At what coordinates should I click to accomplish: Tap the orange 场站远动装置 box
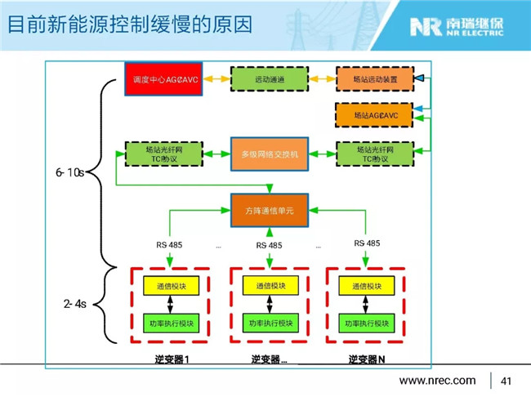point(370,79)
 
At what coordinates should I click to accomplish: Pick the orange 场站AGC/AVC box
point(370,116)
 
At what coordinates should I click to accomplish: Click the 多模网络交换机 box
point(270,154)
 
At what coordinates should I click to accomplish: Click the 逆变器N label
point(365,360)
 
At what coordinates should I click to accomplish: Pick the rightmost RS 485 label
point(367,243)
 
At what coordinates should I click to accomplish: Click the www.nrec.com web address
point(436,381)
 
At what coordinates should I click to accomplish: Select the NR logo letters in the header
point(426,27)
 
